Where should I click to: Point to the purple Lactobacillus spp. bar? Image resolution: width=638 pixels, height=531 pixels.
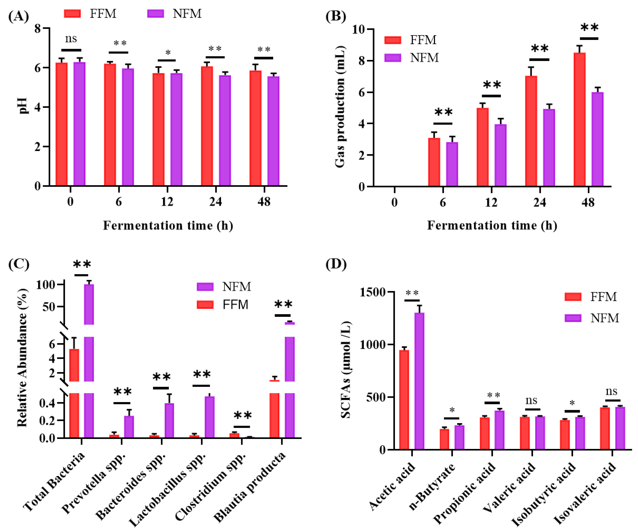(209, 417)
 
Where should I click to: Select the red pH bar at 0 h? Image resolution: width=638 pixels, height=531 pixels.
(62, 124)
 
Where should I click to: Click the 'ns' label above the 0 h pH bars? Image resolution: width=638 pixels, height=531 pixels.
(71, 39)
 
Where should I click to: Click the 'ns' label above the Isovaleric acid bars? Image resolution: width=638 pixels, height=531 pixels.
(611, 391)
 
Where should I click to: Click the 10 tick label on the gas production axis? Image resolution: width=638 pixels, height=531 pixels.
(358, 29)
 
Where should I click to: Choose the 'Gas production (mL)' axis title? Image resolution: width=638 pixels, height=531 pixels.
(340, 107)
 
